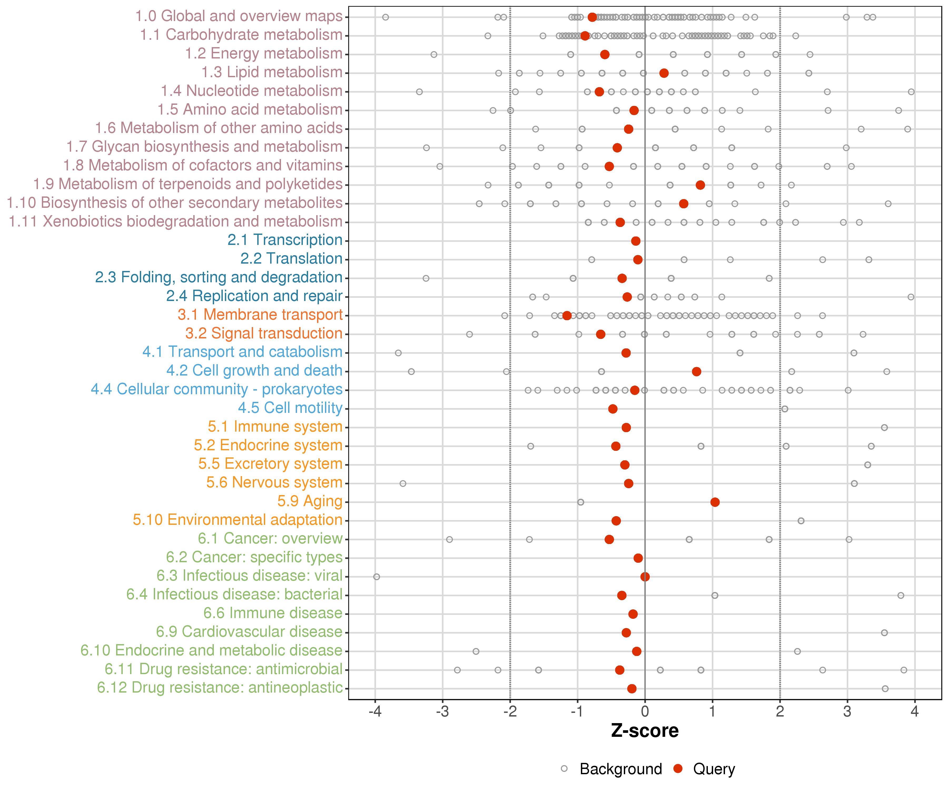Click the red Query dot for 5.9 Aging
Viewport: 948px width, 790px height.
[x=715, y=502]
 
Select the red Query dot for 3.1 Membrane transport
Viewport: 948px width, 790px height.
[x=567, y=315]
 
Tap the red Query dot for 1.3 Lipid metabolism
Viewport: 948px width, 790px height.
[x=664, y=73]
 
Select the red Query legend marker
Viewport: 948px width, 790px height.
[x=678, y=769]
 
